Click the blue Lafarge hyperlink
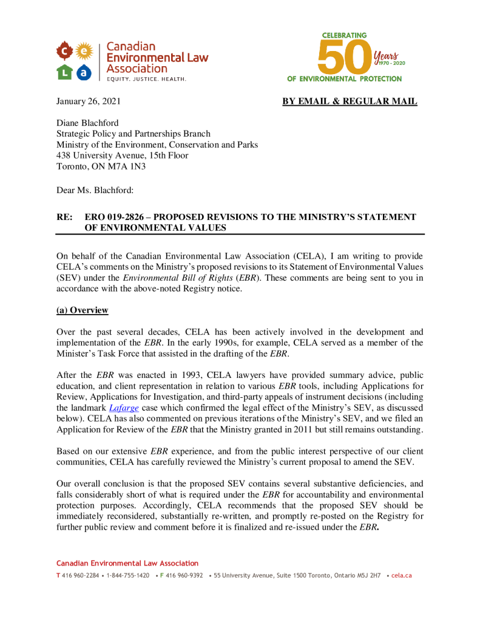pos(121,408)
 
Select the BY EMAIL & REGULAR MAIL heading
pos(350,101)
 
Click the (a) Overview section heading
pos(82,310)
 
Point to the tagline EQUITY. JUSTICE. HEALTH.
pos(146,79)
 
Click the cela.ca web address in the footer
pos(401,575)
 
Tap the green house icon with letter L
pos(65,72)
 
